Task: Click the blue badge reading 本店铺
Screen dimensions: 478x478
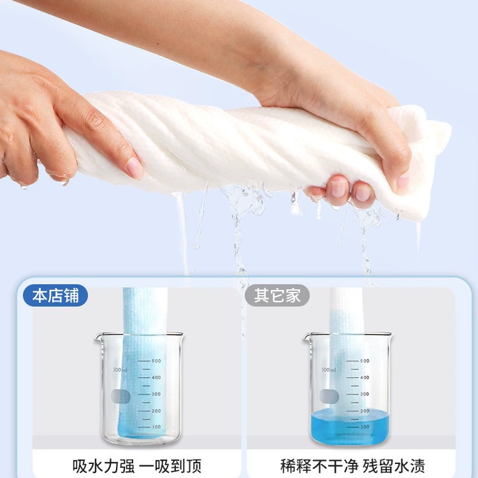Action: (55, 295)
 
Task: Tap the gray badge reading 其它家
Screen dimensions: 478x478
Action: (277, 295)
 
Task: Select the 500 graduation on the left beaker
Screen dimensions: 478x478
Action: (156, 361)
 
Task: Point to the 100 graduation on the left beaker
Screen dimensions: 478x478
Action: (156, 427)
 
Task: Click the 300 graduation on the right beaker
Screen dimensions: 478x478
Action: (365, 394)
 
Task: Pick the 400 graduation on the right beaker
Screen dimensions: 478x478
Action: (365, 377)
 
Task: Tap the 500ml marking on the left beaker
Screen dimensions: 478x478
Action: (120, 370)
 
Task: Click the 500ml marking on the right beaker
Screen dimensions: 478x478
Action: (329, 370)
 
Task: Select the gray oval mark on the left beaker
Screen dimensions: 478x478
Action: (120, 396)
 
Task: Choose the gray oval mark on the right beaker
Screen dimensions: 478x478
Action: (329, 396)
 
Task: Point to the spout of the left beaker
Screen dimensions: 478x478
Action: (98, 337)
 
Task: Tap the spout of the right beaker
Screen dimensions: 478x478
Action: (307, 337)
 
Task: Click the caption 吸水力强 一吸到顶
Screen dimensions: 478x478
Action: (137, 466)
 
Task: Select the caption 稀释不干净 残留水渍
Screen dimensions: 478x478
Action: (352, 466)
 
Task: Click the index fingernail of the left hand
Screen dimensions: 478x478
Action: (134, 168)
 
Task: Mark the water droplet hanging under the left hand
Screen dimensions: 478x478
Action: (64, 183)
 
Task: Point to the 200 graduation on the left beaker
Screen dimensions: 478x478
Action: (156, 411)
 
